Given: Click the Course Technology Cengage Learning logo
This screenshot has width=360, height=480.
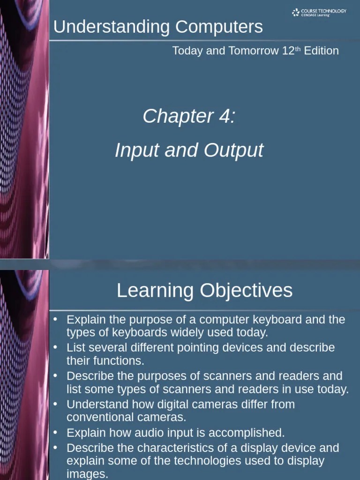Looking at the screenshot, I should [319, 13].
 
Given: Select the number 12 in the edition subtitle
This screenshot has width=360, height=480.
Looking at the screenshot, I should [288, 51].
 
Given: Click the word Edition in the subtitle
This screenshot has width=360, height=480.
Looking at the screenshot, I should [321, 51].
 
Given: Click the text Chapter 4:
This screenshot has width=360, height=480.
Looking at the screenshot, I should [189, 116].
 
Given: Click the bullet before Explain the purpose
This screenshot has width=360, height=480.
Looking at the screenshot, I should [55, 319].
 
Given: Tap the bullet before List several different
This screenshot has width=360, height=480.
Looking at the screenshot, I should [55, 347].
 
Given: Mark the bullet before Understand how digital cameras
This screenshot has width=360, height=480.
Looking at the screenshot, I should [55, 404].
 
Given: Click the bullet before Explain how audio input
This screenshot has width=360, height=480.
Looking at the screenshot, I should [55, 432].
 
